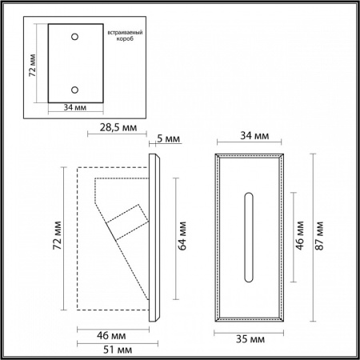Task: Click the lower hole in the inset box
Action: coord(75,89)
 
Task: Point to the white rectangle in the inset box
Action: coord(74,63)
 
